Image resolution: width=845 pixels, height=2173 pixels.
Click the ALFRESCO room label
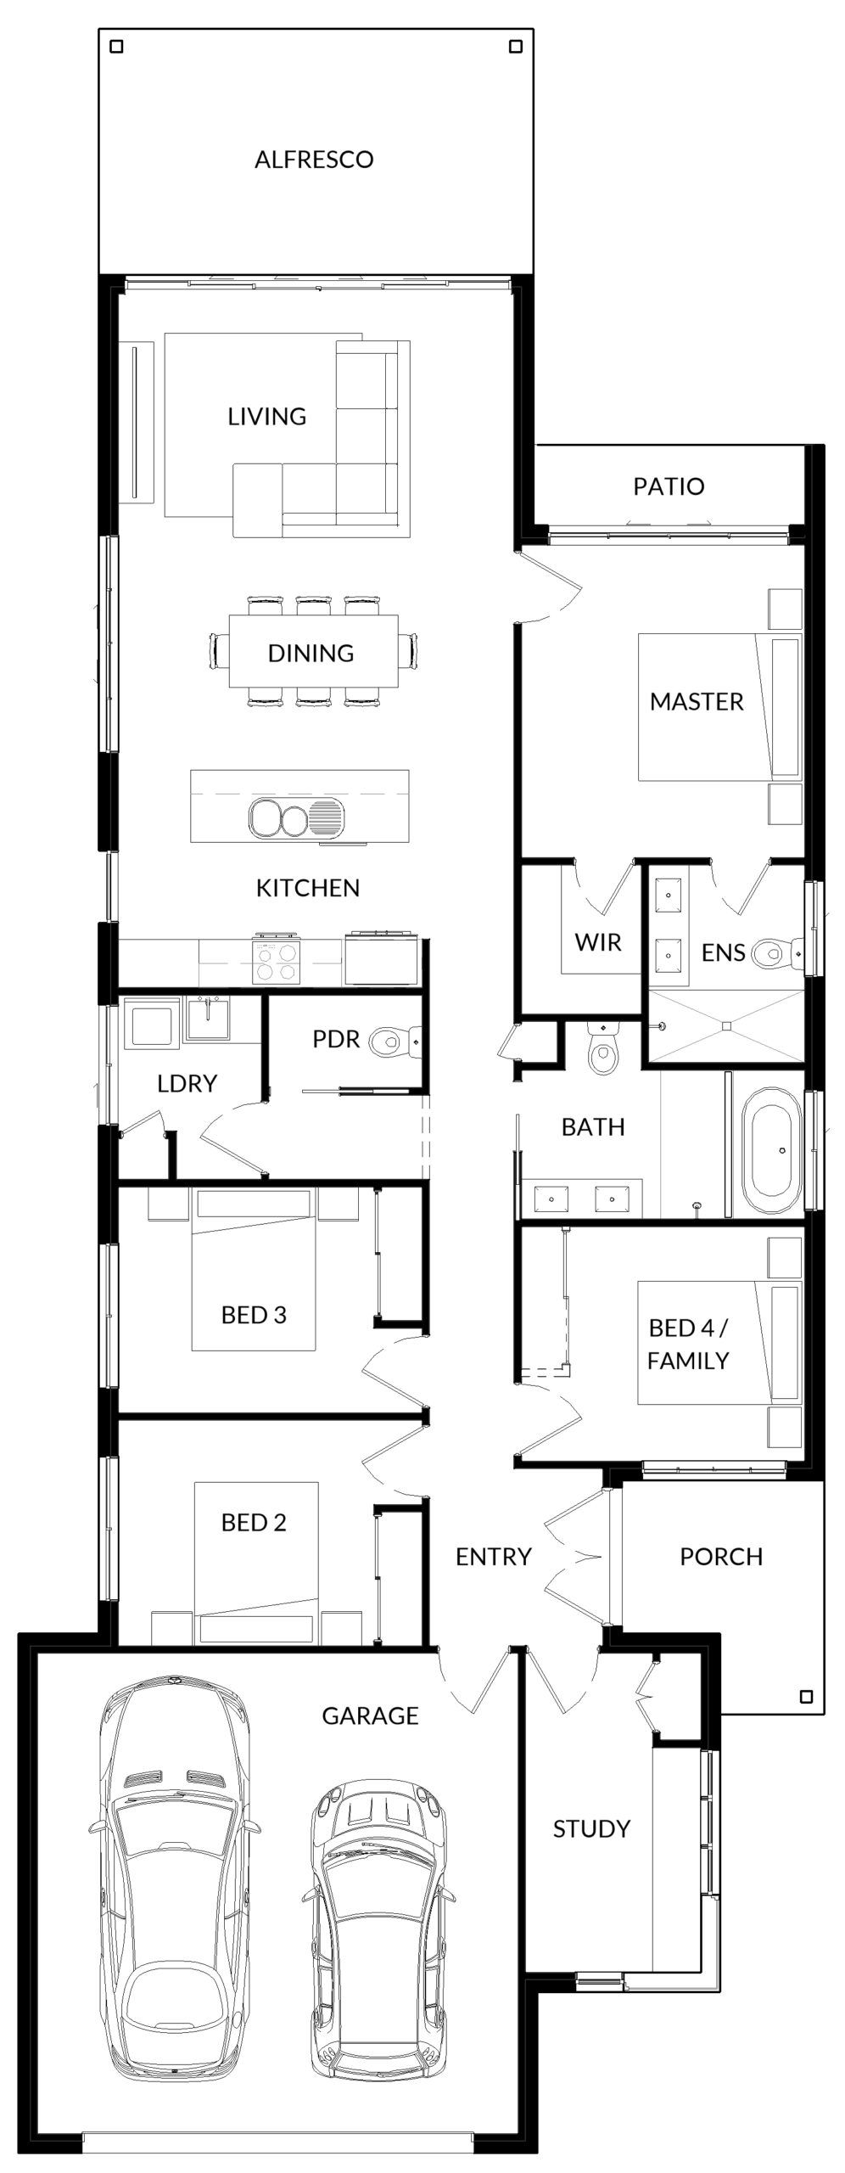pyautogui.click(x=314, y=159)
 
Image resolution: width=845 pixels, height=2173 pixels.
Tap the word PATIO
pyautogui.click(x=669, y=486)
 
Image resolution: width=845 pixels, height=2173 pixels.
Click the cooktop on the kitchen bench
pyautogui.click(x=277, y=961)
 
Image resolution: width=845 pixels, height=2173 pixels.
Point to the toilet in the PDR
pyautogui.click(x=395, y=1039)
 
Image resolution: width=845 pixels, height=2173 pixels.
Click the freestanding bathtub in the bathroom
pyautogui.click(x=771, y=1152)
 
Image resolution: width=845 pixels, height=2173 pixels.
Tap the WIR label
pyautogui.click(x=598, y=942)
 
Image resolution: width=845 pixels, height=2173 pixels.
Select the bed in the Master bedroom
pyautogui.click(x=719, y=706)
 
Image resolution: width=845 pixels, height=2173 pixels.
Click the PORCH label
pyautogui.click(x=721, y=1557)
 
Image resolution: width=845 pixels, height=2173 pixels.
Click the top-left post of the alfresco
pyautogui.click(x=117, y=48)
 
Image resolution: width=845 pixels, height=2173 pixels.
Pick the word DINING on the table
pyautogui.click(x=311, y=653)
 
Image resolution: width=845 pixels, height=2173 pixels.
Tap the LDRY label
pyautogui.click(x=187, y=1083)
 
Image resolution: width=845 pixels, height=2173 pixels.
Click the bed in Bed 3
pyautogui.click(x=254, y=1270)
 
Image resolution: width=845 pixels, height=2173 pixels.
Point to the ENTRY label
pyautogui.click(x=493, y=1557)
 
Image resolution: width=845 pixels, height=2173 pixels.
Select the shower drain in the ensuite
pyautogui.click(x=726, y=1025)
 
